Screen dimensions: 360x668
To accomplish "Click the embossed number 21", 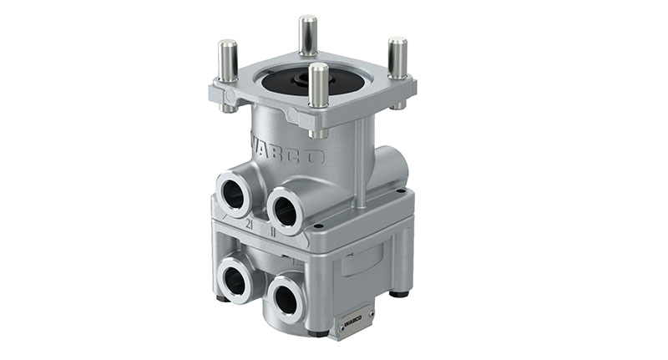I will pos(248,225).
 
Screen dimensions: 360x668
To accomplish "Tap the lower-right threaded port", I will pos(287,296).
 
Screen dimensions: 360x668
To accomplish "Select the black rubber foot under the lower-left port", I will pos(222,298).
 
